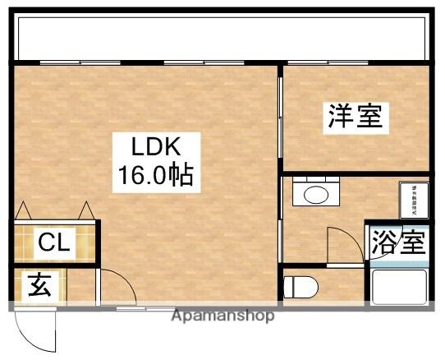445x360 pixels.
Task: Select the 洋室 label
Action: pyautogui.click(x=356, y=117)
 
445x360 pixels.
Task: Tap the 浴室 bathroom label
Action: pyautogui.click(x=398, y=243)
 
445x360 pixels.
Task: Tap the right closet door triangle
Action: pyautogui.click(x=85, y=211)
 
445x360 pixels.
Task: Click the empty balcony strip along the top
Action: pyautogui.click(x=222, y=36)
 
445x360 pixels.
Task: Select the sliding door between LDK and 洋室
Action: pyautogui.click(x=279, y=123)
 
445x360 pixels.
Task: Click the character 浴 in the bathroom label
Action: pyautogui.click(x=383, y=243)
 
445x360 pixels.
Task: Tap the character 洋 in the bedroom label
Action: pyautogui.click(x=341, y=117)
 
